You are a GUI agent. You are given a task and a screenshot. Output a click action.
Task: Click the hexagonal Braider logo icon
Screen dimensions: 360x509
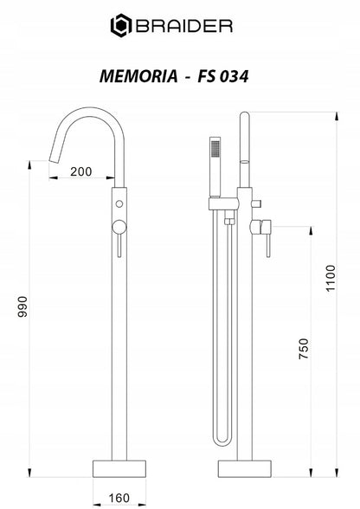tap(121, 26)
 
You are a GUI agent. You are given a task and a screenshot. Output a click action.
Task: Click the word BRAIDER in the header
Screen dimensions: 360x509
tap(184, 26)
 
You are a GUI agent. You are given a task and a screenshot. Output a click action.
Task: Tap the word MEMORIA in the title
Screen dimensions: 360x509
tap(138, 76)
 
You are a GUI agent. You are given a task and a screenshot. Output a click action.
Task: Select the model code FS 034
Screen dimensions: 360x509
tap(223, 76)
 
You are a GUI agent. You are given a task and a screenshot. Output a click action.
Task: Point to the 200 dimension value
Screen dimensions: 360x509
tap(81, 171)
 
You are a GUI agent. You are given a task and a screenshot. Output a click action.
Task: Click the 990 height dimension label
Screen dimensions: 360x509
tap(22, 306)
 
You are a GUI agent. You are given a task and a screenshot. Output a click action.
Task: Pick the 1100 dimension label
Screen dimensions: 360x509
tap(331, 278)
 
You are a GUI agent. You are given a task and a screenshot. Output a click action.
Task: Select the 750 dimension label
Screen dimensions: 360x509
tap(304, 349)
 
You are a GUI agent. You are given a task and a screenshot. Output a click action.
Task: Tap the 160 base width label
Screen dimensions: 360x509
tap(119, 498)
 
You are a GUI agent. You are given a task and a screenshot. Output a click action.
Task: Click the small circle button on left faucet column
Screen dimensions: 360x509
tap(119, 204)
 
